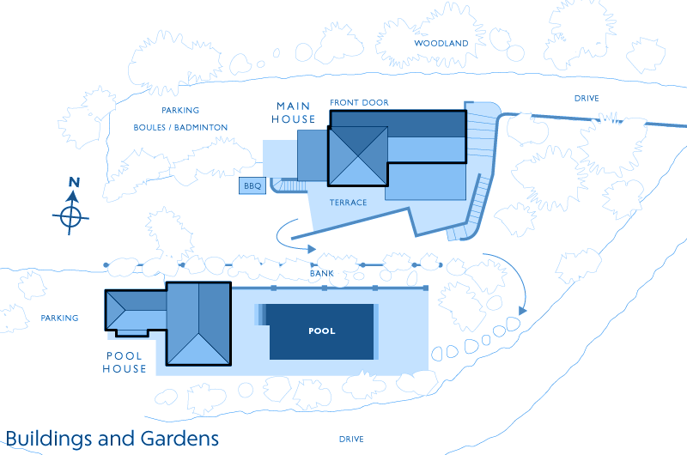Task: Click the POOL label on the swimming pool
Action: click(x=321, y=331)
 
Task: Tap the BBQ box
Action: click(x=252, y=185)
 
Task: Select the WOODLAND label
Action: click(x=441, y=43)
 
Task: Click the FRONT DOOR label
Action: click(x=359, y=102)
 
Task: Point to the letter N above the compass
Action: click(x=74, y=182)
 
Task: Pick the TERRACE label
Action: click(x=349, y=203)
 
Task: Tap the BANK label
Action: click(x=321, y=274)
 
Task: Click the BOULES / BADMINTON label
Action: click(x=180, y=127)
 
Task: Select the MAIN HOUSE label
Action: click(x=294, y=112)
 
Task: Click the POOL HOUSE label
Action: click(x=125, y=362)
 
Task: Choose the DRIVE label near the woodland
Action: click(x=587, y=99)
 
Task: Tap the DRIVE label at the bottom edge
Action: click(x=351, y=439)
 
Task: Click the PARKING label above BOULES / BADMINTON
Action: click(x=180, y=110)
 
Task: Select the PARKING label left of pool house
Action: click(x=59, y=318)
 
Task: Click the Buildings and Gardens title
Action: click(x=112, y=439)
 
